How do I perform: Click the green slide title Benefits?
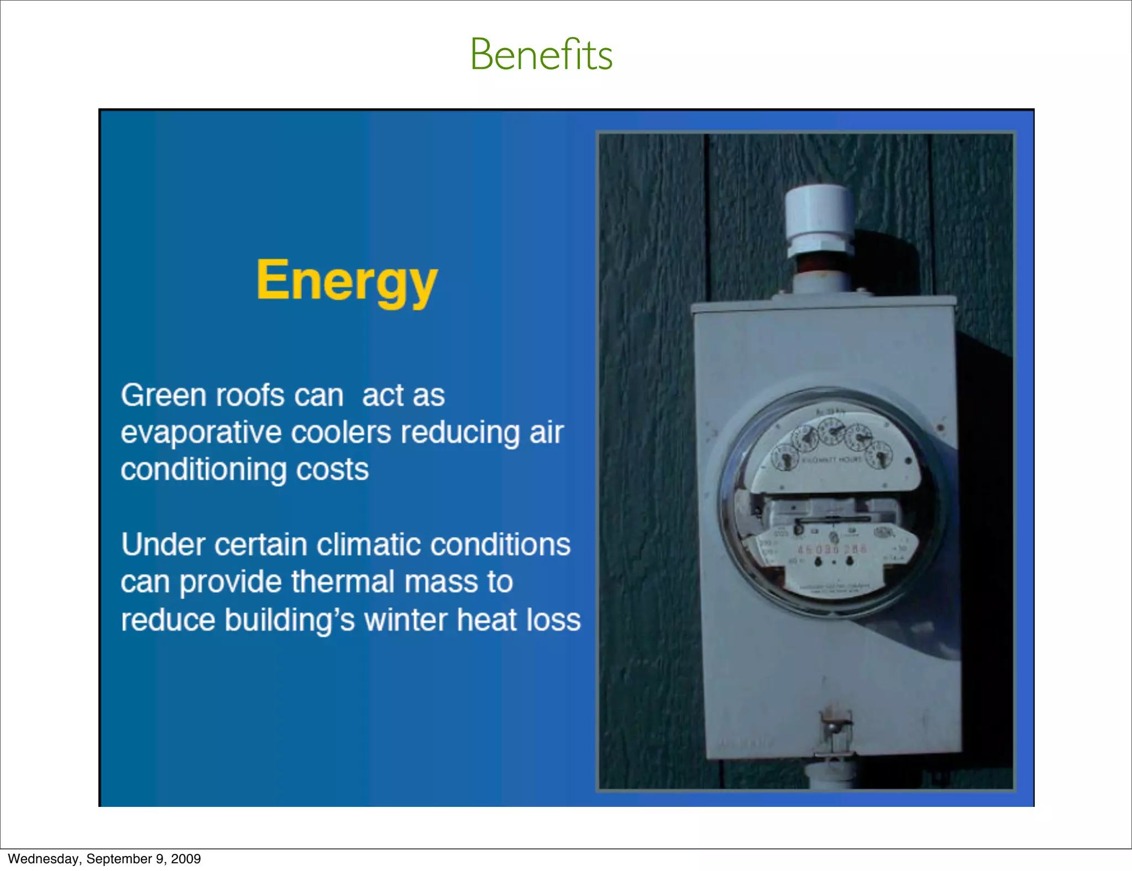pyautogui.click(x=541, y=55)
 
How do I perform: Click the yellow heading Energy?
pyautogui.click(x=347, y=281)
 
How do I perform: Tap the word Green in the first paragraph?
pyautogui.click(x=164, y=396)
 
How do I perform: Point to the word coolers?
pyautogui.click(x=341, y=432)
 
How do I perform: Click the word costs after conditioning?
pyautogui.click(x=332, y=470)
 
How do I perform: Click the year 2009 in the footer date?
pyautogui.click(x=186, y=859)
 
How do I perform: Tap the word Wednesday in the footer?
pyautogui.click(x=43, y=859)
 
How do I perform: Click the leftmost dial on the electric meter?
pyautogui.click(x=784, y=458)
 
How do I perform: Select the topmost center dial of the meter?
pyautogui.click(x=831, y=431)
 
